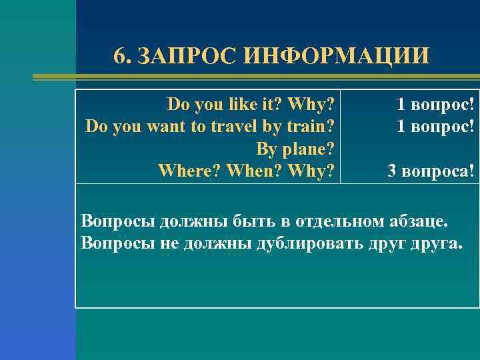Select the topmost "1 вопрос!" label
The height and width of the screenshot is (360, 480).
tap(436, 105)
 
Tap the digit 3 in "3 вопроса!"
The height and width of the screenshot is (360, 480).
tap(393, 171)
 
